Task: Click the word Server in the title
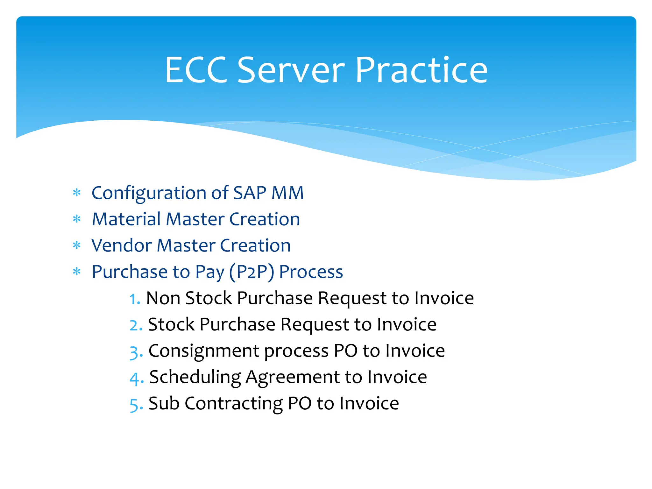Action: click(291, 70)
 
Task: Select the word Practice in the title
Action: click(421, 70)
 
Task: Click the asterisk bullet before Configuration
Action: click(77, 193)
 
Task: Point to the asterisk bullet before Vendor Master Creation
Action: click(77, 245)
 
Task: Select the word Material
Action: click(126, 219)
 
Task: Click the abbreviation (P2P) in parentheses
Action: click(252, 272)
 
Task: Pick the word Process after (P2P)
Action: click(311, 272)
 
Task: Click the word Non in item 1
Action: click(162, 298)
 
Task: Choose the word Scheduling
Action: click(195, 378)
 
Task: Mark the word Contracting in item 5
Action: click(234, 404)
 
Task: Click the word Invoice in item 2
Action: click(407, 325)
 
